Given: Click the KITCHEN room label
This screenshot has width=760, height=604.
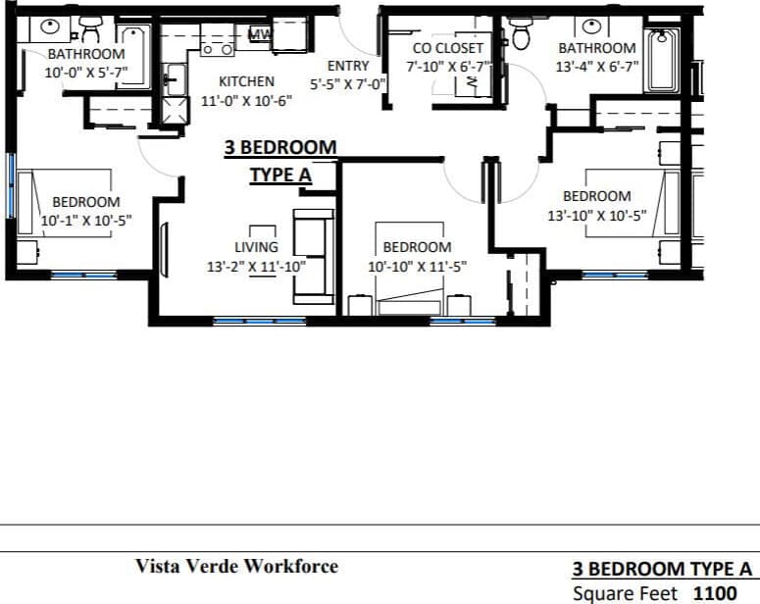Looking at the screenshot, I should [x=246, y=81].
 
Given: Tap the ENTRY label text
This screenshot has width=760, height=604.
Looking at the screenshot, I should [x=348, y=66].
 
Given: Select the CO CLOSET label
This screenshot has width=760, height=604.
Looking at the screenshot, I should [x=447, y=47].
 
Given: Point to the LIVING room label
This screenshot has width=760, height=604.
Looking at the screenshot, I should [x=256, y=247].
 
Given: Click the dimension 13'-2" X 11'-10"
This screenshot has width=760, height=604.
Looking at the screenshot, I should [x=256, y=265].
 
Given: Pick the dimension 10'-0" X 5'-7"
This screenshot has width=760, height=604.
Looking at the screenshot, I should [x=86, y=72].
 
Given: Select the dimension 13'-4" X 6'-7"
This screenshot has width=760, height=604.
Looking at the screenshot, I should [x=597, y=66].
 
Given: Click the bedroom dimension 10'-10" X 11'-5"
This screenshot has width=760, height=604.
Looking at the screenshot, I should [x=417, y=266].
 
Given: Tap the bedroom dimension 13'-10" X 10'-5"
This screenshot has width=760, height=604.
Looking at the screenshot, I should [x=596, y=215].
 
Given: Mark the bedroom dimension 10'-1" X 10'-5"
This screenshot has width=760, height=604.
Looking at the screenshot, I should [x=86, y=221].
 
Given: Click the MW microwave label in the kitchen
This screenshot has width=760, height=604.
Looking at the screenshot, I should [x=260, y=34].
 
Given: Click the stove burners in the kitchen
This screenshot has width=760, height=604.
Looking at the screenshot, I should [x=217, y=47].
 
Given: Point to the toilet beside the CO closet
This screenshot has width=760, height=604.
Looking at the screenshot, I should [x=521, y=36].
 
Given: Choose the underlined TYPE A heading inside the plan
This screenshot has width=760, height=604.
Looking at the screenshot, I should [x=280, y=175].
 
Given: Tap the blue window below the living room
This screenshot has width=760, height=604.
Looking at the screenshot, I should [x=245, y=321].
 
